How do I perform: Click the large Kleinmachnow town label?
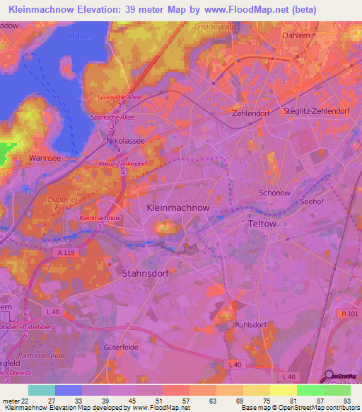tap(177, 208)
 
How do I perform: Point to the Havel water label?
tap(81, 35)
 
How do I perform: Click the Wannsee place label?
tap(44, 157)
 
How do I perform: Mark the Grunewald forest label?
tap(214, 26)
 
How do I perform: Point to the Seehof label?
tap(312, 201)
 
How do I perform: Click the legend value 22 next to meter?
tap(28, 400)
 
